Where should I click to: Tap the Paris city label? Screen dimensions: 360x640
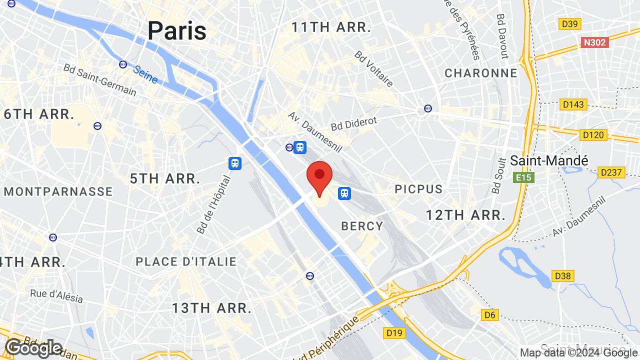pos(176,30)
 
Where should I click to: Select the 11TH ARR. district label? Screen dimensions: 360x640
pos(331,27)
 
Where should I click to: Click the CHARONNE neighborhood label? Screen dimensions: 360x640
pos(481,73)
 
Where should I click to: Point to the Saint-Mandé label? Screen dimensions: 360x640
pos(549,160)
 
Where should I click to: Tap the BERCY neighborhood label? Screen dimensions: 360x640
pos(362,226)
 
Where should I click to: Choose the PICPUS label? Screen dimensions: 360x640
pos(418,189)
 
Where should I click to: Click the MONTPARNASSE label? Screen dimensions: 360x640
pos(58,191)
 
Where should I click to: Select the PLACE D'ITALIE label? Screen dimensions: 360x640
pos(186,261)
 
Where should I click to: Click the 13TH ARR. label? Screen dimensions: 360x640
pos(211,308)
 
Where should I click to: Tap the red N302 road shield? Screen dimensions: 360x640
pos(595,42)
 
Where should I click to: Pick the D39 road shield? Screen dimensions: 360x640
pos(570,24)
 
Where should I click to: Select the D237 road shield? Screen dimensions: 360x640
pos(611,172)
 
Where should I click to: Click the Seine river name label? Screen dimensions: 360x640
pos(145,74)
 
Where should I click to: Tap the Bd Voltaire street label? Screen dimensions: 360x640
pos(374,68)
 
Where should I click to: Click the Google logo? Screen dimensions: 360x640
pos(33,348)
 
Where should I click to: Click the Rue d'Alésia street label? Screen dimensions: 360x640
pos(56,295)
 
